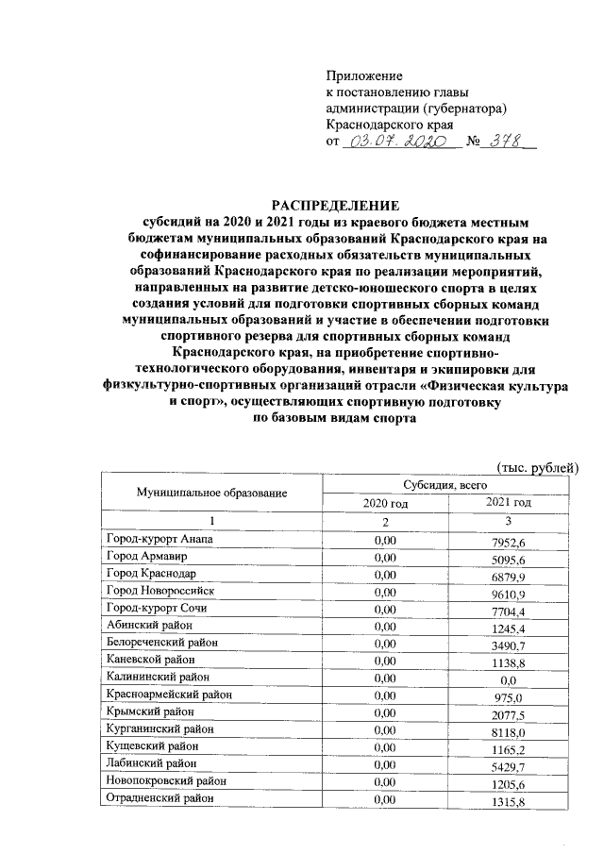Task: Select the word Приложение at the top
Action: (364, 75)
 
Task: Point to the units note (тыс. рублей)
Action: (537, 466)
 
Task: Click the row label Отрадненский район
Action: (159, 798)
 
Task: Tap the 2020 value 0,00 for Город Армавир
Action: (385, 557)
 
